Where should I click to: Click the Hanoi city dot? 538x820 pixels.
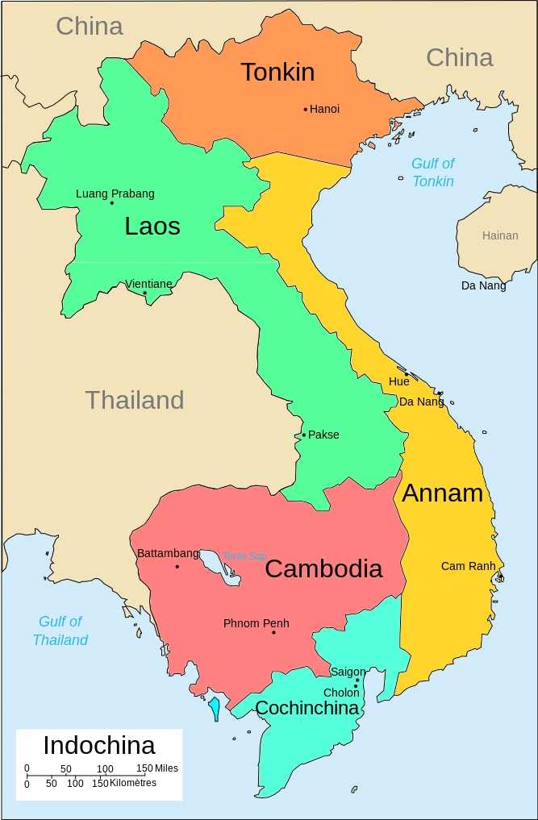tap(306, 110)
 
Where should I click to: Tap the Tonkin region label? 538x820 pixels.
tap(277, 73)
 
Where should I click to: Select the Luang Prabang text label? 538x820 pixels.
tap(115, 194)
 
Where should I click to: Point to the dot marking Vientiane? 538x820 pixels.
tap(145, 293)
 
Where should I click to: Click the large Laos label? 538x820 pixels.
tap(152, 227)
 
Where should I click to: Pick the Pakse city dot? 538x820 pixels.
tap(304, 435)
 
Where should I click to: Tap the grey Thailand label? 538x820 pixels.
tap(135, 400)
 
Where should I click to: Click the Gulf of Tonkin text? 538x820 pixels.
tap(433, 173)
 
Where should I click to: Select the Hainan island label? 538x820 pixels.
tap(500, 235)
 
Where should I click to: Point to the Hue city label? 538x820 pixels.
tap(398, 381)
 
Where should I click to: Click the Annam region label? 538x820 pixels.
tap(442, 493)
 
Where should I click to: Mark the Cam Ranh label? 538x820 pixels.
tap(468, 566)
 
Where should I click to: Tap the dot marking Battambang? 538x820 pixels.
tap(177, 566)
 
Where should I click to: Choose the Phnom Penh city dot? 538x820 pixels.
tap(273, 632)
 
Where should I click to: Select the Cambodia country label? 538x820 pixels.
tap(323, 568)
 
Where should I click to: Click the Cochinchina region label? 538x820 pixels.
tap(307, 708)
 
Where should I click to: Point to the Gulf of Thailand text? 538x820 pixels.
tap(60, 631)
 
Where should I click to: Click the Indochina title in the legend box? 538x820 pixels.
tap(99, 745)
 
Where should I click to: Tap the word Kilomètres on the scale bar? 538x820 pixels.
tap(132, 783)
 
